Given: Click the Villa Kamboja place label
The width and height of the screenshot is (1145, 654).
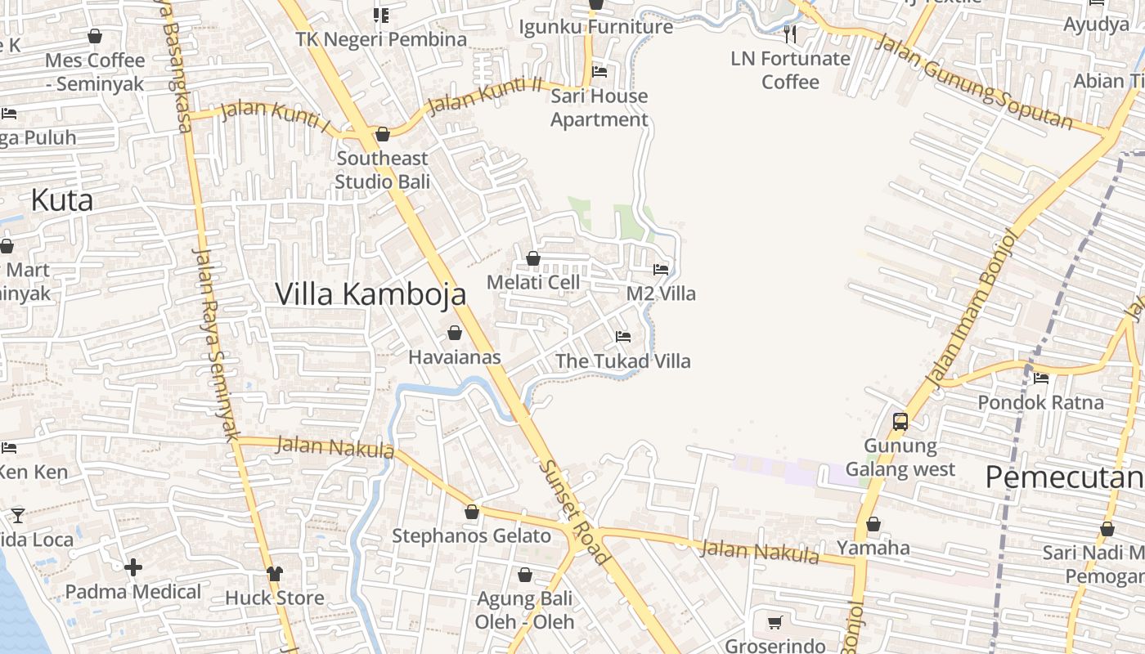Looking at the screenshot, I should pos(370,294).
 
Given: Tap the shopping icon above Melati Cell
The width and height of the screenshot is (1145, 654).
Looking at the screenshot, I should pos(533,258).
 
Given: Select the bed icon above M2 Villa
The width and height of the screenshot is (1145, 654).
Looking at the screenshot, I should pos(661,269).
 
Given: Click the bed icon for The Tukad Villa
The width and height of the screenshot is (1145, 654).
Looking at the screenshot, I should pos(623,336).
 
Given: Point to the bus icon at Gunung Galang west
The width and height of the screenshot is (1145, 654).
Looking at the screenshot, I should pos(900,422).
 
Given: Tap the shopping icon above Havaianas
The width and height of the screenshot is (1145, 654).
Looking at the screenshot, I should pos(455,333).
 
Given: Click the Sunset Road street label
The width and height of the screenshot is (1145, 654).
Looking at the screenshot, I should pos(574,512).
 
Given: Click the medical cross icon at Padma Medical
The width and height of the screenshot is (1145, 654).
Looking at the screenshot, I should pos(133,567).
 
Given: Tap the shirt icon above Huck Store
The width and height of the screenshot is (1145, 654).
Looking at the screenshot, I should pos(275,574).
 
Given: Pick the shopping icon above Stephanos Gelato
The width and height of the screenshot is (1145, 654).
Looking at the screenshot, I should pos(472,513).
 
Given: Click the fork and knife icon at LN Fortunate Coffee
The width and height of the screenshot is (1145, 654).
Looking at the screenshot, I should pos(790,34).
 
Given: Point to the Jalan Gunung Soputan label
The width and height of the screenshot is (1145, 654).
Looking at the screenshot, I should pos(973,82).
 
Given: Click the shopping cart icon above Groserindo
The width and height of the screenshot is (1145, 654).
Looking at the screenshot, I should pos(775,622).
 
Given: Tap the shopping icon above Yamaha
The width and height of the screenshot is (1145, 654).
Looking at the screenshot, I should pos(873,524).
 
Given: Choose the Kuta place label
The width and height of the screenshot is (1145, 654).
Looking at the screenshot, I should pos(62,200).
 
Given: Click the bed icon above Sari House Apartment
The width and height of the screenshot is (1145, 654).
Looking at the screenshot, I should pos(599,71).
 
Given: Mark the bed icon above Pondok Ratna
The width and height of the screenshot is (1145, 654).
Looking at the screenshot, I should pos(1041,378).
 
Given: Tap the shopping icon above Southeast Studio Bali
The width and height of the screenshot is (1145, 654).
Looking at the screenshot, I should pos(382,134).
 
